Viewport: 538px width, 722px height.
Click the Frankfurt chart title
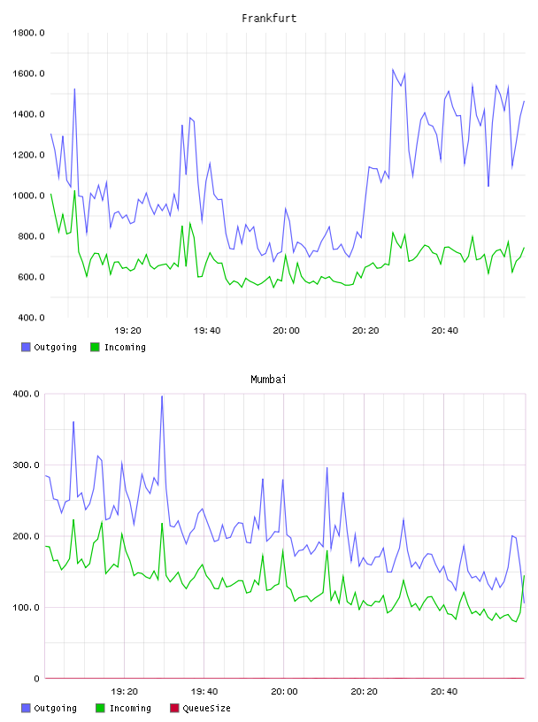coord(269,19)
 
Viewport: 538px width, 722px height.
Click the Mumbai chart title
coord(268,380)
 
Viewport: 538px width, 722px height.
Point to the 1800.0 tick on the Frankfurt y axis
coord(28,33)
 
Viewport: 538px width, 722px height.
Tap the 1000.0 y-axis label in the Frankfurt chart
coord(28,196)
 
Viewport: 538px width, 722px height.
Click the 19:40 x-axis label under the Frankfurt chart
coord(207,331)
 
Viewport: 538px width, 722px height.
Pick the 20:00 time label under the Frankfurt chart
coord(286,331)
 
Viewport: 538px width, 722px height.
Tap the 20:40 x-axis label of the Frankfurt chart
coord(444,331)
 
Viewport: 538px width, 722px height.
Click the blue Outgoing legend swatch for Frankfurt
coord(26,347)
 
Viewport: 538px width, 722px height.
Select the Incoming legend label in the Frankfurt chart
coord(125,347)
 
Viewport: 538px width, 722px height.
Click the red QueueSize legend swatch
coord(174,708)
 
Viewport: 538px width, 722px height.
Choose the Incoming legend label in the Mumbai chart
coord(130,708)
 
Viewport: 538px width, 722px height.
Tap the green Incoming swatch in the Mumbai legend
coord(100,708)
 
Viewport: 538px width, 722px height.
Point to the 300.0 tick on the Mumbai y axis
coord(26,465)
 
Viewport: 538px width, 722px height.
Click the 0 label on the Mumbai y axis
coord(37,679)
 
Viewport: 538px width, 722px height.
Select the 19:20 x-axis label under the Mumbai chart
coord(125,692)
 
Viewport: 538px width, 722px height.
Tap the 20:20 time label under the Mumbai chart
coord(364,692)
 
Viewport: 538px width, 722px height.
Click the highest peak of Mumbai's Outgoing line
coord(162,396)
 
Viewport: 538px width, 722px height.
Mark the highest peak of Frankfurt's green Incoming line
coord(74,191)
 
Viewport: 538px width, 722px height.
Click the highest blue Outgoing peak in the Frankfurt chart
coord(393,70)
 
